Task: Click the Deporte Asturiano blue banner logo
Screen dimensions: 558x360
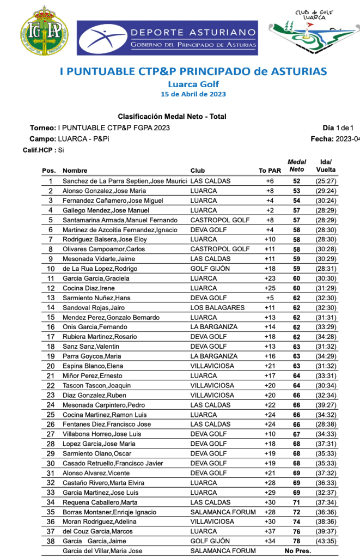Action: point(167,38)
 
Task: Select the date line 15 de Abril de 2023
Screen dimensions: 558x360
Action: point(193,94)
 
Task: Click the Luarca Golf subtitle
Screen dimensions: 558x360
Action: point(193,84)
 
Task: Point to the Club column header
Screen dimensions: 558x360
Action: point(198,171)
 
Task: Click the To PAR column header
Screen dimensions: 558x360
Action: point(270,171)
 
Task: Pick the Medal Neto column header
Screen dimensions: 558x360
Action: point(296,166)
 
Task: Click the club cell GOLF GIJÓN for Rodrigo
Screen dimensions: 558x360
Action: point(210,269)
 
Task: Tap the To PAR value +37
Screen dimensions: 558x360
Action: point(270,531)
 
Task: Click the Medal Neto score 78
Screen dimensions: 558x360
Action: point(296,541)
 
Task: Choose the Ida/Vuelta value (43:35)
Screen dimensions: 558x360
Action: point(326,541)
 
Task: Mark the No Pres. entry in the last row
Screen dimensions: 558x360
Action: point(298,551)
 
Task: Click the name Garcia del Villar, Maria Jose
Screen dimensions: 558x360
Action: point(102,551)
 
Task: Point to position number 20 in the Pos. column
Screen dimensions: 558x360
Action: point(51,366)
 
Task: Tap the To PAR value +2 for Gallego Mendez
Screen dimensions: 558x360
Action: point(270,210)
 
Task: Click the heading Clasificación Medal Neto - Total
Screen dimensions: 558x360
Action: point(172,117)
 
